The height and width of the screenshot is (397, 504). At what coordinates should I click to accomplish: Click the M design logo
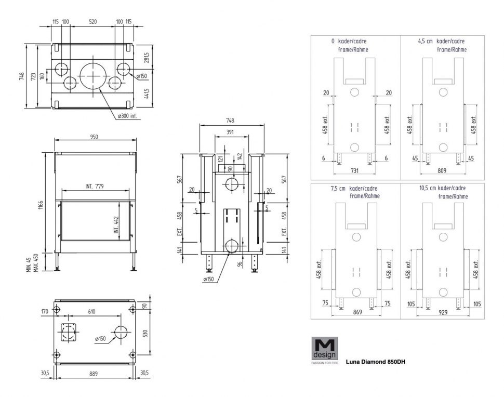click(325, 350)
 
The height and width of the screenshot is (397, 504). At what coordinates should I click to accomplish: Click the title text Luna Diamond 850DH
click(376, 362)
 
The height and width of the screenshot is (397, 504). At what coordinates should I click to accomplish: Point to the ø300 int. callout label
click(127, 116)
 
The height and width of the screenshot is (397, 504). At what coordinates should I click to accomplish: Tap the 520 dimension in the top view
click(92, 22)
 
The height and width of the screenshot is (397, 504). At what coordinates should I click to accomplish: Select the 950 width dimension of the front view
click(94, 137)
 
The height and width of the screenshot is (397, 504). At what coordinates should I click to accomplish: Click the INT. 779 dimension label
click(95, 186)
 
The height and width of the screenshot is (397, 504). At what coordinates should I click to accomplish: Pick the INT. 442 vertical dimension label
click(116, 224)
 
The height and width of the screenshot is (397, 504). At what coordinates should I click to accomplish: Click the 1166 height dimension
click(41, 205)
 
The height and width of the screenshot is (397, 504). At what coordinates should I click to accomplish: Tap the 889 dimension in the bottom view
click(93, 374)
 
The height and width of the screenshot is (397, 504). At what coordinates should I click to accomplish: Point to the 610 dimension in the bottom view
click(91, 311)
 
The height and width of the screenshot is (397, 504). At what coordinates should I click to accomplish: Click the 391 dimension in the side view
click(230, 132)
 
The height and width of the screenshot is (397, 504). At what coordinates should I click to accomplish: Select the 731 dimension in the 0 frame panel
click(354, 170)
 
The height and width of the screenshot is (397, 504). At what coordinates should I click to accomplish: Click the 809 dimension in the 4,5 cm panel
click(442, 170)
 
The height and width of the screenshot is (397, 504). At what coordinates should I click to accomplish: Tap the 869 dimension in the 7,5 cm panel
click(357, 312)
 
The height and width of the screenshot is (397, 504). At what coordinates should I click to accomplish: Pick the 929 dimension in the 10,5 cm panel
click(443, 312)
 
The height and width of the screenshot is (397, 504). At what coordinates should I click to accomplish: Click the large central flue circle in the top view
click(93, 76)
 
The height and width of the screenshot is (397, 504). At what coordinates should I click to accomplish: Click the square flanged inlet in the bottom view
click(69, 332)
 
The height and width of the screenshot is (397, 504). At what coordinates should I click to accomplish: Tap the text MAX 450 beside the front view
click(36, 262)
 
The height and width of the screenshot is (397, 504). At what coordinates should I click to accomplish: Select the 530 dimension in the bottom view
click(145, 333)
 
